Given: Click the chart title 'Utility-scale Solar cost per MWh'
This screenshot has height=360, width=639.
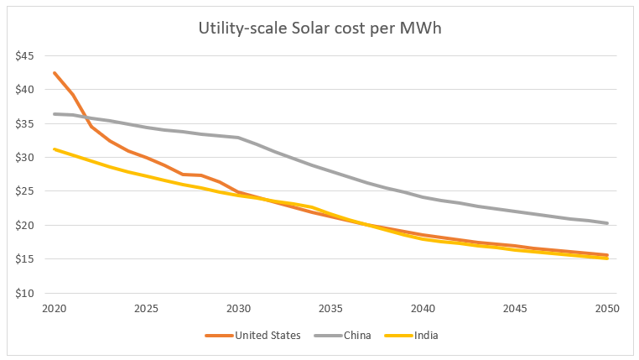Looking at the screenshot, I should (319, 28).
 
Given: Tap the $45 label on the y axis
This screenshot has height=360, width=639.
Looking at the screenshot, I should (23, 56).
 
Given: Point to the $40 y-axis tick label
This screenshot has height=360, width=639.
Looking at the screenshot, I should (23, 90).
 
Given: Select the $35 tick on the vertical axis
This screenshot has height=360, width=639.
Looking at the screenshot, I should (23, 124).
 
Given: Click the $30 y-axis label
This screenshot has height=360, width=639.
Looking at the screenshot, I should (23, 158).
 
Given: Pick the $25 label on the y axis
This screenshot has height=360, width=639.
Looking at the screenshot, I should (23, 192).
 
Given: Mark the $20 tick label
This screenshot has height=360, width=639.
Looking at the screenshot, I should (23, 226).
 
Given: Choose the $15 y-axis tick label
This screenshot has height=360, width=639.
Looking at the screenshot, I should (23, 260).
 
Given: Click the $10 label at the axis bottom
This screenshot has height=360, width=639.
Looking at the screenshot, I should (23, 294).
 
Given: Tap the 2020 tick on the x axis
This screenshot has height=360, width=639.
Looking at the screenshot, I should (54, 308).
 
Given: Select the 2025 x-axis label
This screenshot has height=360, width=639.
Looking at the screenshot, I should (146, 308).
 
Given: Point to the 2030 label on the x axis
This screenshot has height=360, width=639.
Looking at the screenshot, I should (238, 308).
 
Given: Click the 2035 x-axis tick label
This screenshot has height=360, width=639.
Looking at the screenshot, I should (330, 308).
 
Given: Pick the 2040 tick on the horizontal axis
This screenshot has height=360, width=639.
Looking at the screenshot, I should (423, 308).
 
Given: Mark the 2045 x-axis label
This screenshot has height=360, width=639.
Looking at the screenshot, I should (515, 308).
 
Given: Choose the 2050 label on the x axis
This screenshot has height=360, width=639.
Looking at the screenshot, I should (607, 308).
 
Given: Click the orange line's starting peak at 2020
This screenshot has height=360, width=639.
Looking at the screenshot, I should (55, 73).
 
